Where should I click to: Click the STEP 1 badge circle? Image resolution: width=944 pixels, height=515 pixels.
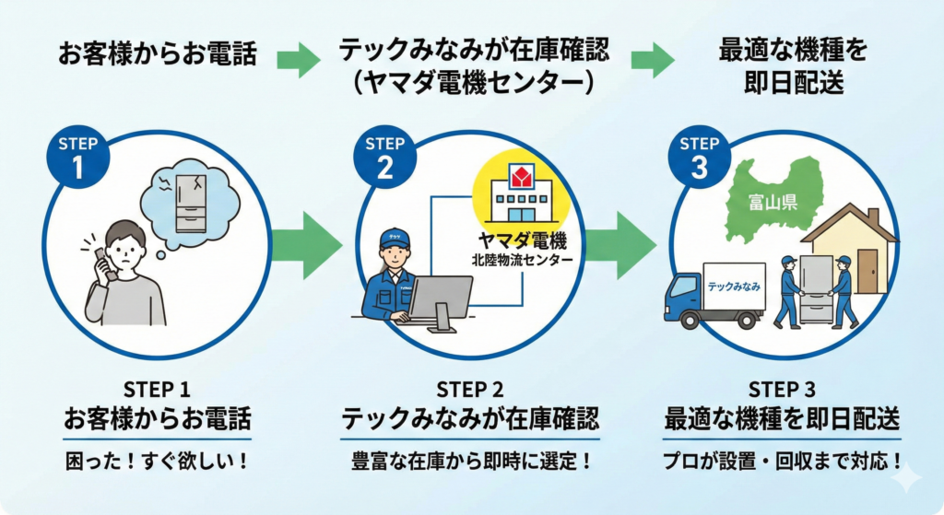[x=77, y=156]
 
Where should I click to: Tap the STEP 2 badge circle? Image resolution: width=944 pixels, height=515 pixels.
[x=384, y=156]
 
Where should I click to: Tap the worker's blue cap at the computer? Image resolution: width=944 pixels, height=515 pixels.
[x=394, y=237]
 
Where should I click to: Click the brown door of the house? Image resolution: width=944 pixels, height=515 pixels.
[x=867, y=270]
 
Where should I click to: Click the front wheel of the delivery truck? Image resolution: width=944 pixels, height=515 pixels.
[x=687, y=318]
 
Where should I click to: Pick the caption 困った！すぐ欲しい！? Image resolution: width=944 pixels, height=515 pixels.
[x=158, y=459]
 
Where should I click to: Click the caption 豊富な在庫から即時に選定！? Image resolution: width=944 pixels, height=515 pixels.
[x=471, y=459]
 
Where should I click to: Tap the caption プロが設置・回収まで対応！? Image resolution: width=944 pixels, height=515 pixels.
[x=783, y=459]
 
